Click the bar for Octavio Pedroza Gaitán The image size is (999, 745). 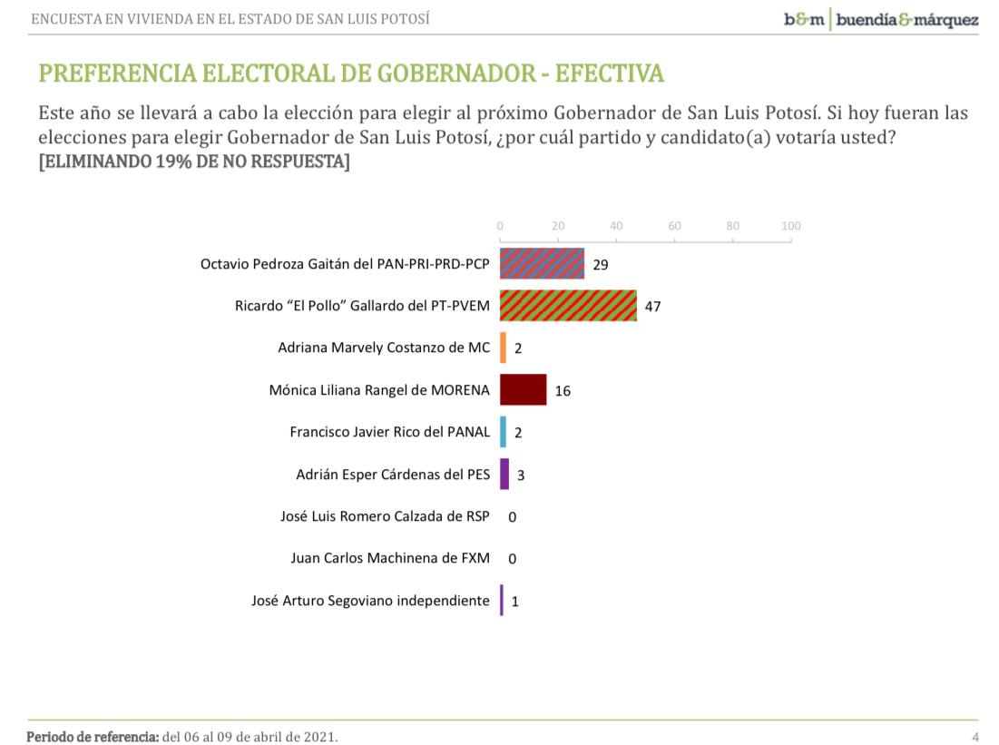click(x=542, y=264)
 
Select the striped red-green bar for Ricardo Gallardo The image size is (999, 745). click(x=568, y=306)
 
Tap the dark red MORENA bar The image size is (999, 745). click(x=524, y=390)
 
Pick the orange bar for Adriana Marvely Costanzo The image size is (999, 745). click(x=503, y=348)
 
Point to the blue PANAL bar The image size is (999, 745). click(x=503, y=432)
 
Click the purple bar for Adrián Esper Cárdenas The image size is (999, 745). click(x=504, y=474)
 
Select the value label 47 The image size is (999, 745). click(x=652, y=307)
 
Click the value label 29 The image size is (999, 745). click(x=600, y=265)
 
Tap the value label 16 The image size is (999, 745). click(x=563, y=391)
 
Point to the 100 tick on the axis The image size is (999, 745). click(x=791, y=226)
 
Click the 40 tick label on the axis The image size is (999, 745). click(x=616, y=226)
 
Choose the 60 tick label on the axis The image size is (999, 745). click(x=675, y=226)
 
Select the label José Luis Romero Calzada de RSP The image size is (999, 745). click(x=385, y=516)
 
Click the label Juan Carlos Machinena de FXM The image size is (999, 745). click(x=390, y=558)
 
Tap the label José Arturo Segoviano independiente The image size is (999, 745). click(x=370, y=600)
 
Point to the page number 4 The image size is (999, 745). click(x=975, y=736)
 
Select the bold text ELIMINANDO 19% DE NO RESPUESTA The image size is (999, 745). click(x=194, y=162)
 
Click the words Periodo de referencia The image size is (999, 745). click(x=93, y=736)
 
